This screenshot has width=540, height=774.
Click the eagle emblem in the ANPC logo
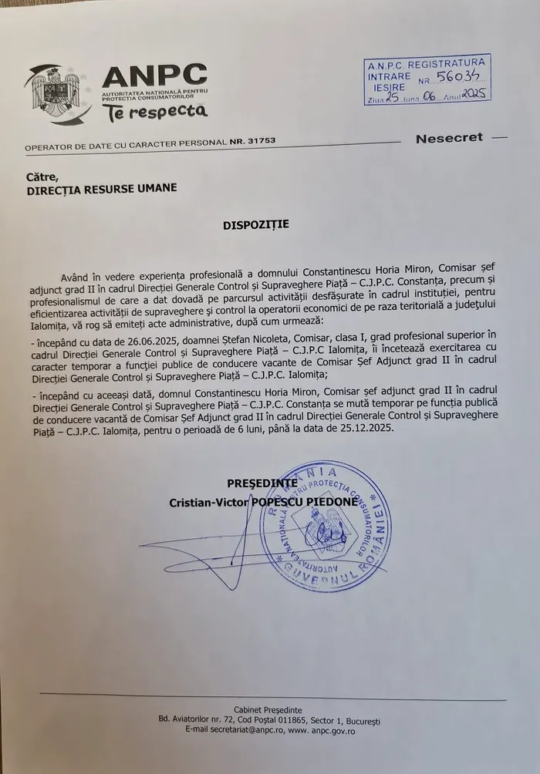click(58, 94)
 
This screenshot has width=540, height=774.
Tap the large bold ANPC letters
click(154, 76)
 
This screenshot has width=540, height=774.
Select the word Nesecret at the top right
click(449, 138)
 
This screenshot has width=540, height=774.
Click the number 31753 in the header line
click(259, 142)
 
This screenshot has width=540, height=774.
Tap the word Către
click(42, 176)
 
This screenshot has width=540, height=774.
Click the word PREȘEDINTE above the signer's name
click(262, 483)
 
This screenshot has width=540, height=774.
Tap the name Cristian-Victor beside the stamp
click(206, 501)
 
